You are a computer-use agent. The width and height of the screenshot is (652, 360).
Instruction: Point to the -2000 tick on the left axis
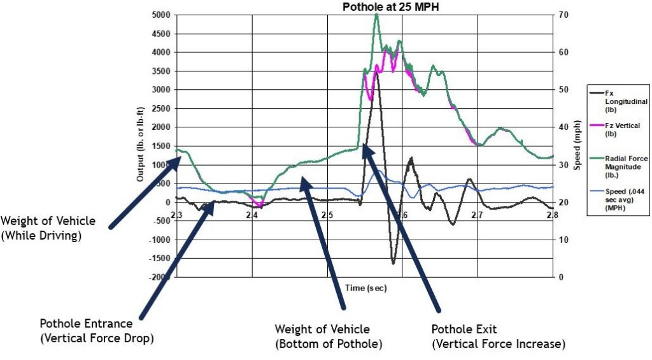pos(162,277)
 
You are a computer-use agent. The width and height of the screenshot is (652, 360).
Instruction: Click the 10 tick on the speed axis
pos(564,240)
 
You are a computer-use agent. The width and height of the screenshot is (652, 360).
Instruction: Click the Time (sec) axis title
pos(366,288)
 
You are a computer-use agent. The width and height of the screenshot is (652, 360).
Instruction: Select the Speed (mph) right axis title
pos(579,146)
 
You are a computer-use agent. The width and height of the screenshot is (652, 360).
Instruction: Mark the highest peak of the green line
pos(376,15)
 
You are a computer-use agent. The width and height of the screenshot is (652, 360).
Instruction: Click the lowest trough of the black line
pos(393,263)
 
